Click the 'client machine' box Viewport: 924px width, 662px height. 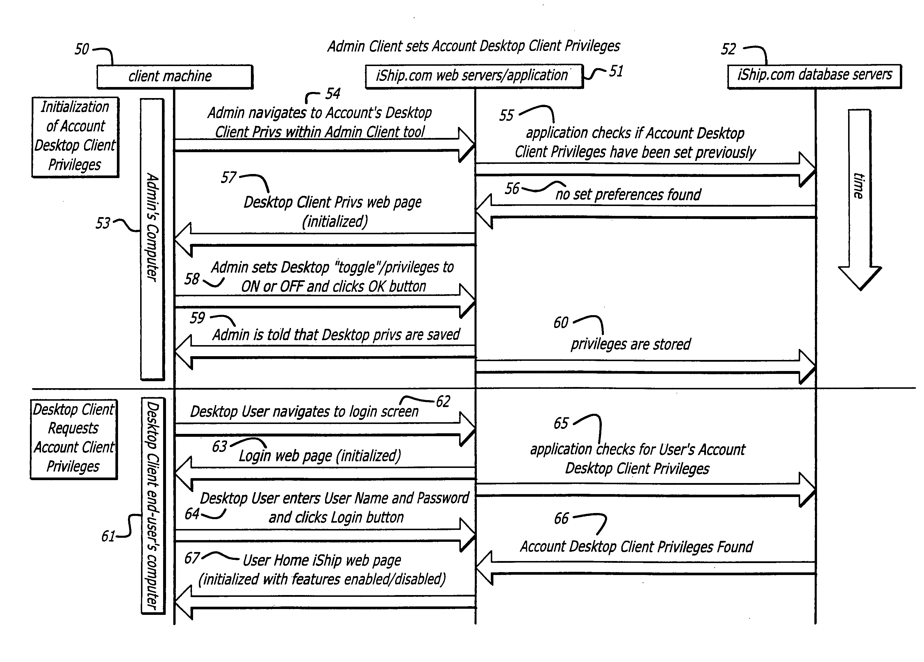tap(175, 76)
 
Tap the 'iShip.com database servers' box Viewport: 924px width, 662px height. tap(814, 76)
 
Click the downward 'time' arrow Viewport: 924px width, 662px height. tap(859, 200)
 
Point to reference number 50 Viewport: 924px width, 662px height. tap(81, 49)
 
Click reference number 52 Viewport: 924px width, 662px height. tap(729, 49)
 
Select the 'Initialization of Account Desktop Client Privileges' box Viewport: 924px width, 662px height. tap(75, 137)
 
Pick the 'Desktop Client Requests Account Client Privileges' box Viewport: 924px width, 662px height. tap(74, 439)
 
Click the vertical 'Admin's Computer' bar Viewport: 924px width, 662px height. tap(152, 239)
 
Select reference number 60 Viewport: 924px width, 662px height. tap(561, 323)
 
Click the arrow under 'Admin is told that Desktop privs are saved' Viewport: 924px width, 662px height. tap(325, 352)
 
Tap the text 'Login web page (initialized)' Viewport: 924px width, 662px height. tap(320, 456)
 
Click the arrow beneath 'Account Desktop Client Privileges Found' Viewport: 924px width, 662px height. tap(646, 567)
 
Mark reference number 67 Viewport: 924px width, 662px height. tap(192, 558)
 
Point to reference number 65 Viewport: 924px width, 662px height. tap(561, 423)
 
